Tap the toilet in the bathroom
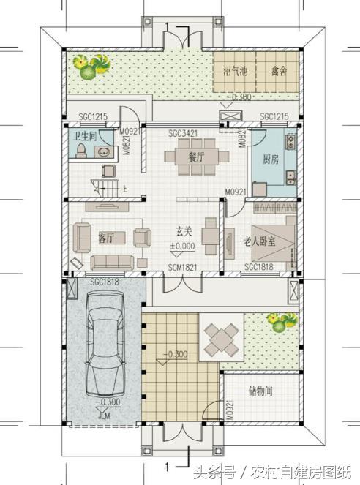click(80, 151)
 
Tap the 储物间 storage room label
click(260, 392)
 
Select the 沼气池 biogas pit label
click(234, 72)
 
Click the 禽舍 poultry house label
click(278, 72)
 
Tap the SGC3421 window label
click(183, 133)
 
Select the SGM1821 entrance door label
click(182, 267)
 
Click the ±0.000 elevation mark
click(182, 247)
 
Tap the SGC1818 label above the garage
click(104, 282)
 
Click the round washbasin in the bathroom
click(105, 153)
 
